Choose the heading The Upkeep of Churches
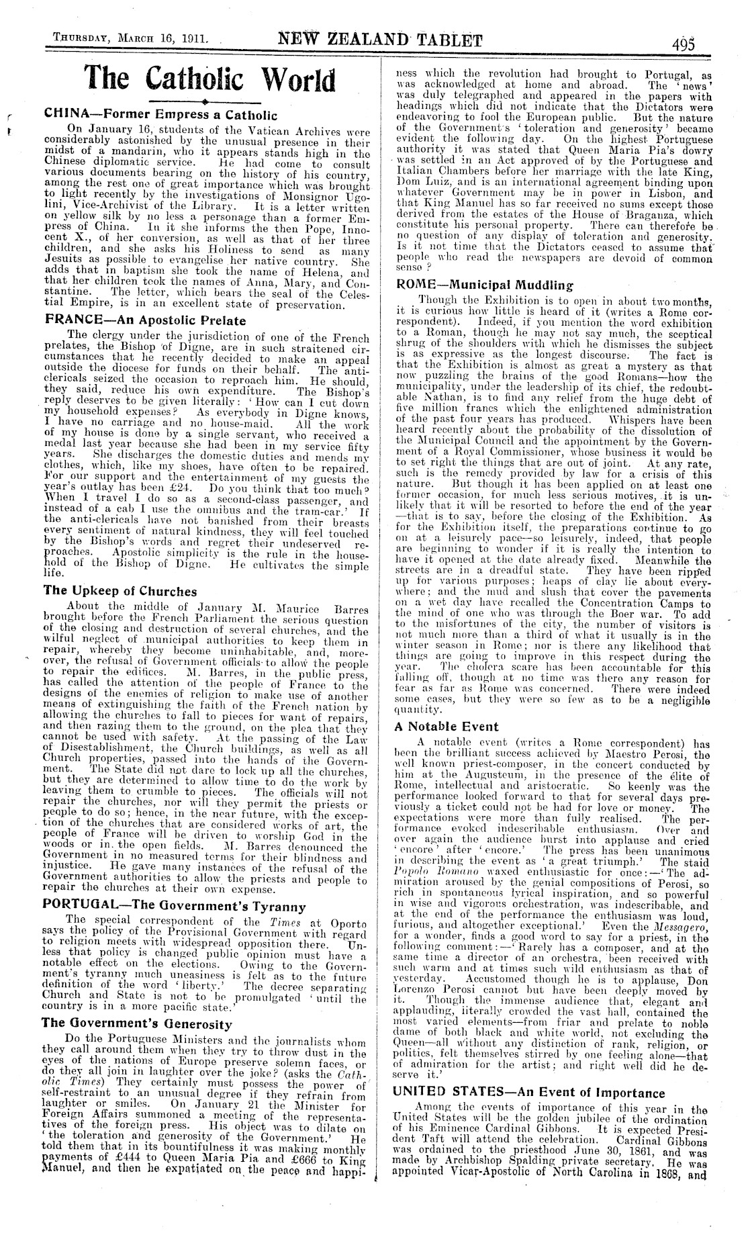coord(120,591)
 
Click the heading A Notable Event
coord(448,726)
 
